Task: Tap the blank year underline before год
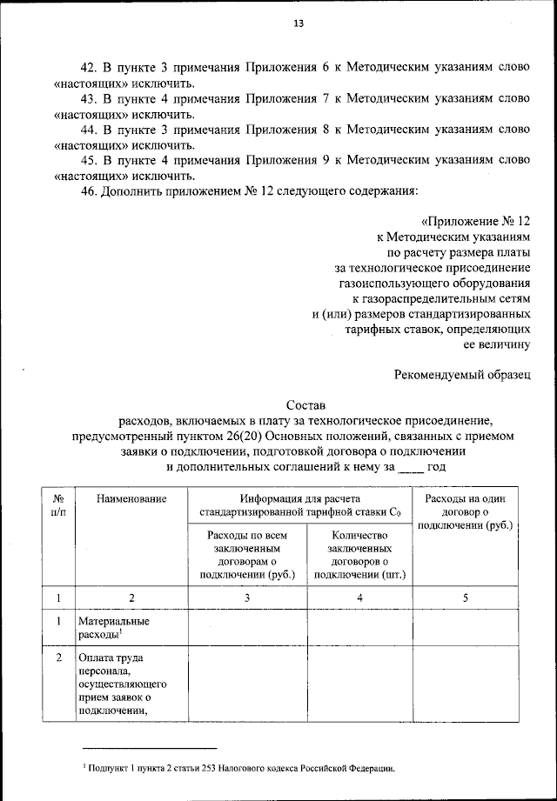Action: click(409, 468)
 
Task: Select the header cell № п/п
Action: click(59, 504)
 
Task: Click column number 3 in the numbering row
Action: click(246, 597)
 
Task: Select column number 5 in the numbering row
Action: click(465, 597)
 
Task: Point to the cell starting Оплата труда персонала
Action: click(122, 684)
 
